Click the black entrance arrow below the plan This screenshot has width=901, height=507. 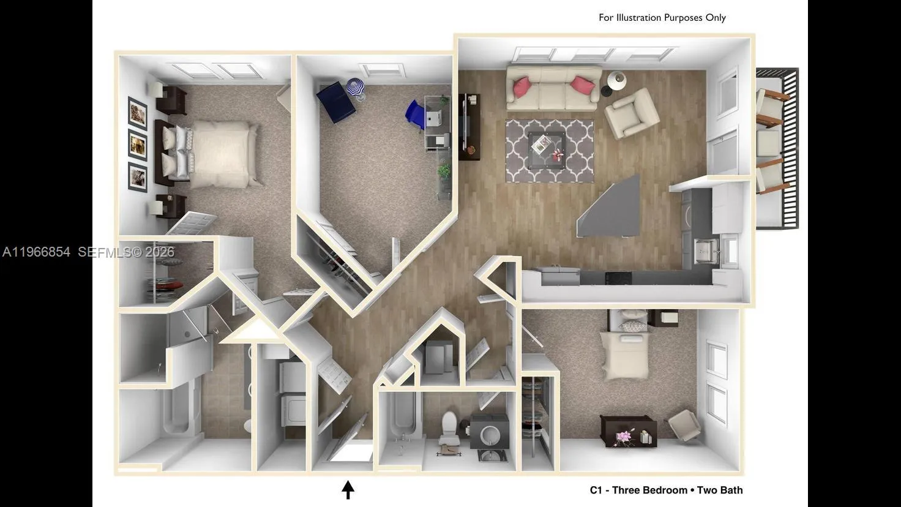[x=348, y=489]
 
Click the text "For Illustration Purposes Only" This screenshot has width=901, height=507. [x=662, y=18]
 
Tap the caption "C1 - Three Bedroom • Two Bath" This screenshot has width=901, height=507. [x=666, y=490]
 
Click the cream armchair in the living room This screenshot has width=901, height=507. [x=631, y=113]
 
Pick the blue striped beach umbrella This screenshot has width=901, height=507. [x=356, y=89]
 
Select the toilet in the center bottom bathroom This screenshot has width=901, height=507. [x=450, y=426]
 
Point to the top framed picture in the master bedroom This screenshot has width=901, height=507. [x=138, y=112]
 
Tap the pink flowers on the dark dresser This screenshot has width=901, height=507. [x=623, y=437]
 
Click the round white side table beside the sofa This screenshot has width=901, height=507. [x=616, y=80]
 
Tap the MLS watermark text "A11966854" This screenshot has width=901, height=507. [x=36, y=252]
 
